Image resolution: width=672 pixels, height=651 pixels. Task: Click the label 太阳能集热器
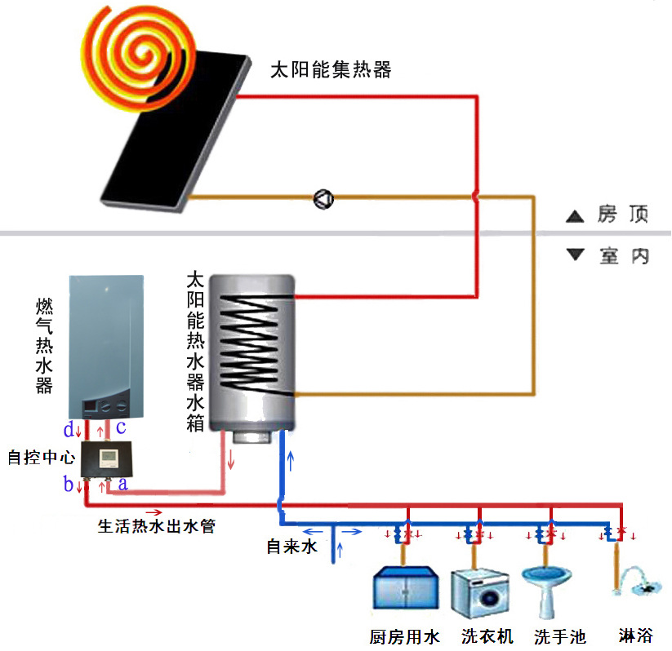pos(331,70)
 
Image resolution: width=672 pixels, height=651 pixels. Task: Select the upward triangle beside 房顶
pos(576,217)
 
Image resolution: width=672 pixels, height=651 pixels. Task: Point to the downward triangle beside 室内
pos(576,255)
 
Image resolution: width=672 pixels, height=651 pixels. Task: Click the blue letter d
pos(69,429)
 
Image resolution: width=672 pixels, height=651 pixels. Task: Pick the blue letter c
pos(120,427)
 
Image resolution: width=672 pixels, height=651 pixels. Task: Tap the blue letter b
pos(69,485)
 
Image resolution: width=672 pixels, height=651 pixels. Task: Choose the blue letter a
pos(122,485)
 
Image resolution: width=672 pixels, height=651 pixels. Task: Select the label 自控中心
pos(40,458)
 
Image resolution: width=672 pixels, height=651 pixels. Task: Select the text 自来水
pos(291,547)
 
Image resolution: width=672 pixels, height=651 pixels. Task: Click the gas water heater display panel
pos(107,405)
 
